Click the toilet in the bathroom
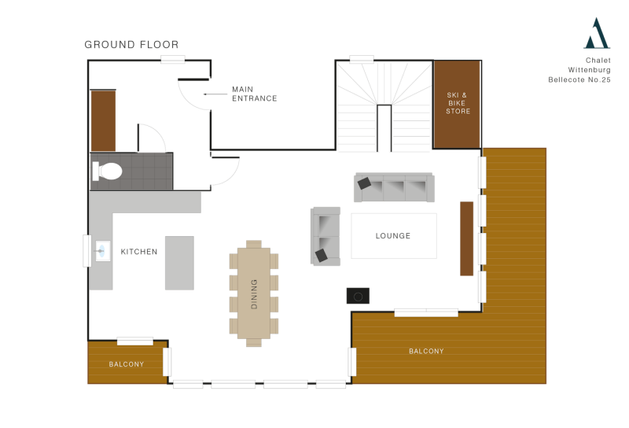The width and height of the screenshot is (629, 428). click(108, 171)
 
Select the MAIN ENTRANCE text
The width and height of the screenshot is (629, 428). click(253, 94)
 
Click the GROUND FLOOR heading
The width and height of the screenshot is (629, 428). click(131, 45)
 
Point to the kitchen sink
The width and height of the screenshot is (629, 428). click(101, 252)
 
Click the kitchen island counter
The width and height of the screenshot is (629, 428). click(179, 263)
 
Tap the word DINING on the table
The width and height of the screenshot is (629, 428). click(254, 293)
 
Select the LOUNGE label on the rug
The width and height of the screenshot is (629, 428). click(393, 236)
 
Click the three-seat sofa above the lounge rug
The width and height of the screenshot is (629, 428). click(394, 188)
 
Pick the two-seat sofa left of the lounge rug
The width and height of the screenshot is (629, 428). click(326, 236)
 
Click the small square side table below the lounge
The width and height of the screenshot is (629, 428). click(358, 296)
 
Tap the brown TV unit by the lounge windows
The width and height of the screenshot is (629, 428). click(467, 238)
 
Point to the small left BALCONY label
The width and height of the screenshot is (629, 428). click(126, 364)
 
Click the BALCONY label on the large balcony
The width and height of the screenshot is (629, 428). click(426, 351)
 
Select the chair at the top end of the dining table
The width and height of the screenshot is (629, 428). click(254, 244)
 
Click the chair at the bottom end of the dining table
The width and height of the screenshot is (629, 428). click(254, 342)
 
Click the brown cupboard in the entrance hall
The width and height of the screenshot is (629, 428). click(103, 120)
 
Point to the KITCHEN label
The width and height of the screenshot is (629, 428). click(138, 252)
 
